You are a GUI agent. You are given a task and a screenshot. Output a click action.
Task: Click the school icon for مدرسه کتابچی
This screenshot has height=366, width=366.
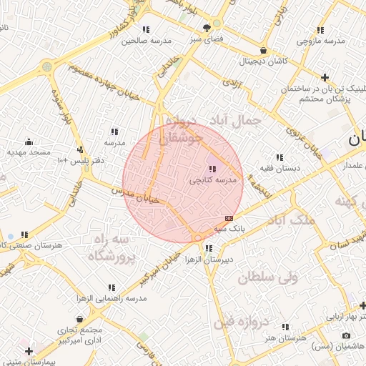[x=212, y=169]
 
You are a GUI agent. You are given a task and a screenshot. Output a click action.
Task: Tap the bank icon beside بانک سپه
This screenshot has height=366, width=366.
[x=229, y=218]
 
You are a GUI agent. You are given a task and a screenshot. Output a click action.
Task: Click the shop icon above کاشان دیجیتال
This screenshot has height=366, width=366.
[x=264, y=51]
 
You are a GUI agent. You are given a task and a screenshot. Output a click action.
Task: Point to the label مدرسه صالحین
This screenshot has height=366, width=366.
[x=147, y=41]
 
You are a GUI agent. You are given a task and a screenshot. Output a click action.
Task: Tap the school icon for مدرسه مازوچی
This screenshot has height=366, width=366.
[x=320, y=30]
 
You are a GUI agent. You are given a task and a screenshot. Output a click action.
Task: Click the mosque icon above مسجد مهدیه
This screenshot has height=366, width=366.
[x=29, y=142]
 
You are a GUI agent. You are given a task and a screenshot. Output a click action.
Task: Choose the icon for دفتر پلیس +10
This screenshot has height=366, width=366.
[x=80, y=149]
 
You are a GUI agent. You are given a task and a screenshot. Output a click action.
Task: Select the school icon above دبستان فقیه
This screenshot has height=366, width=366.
[x=279, y=157]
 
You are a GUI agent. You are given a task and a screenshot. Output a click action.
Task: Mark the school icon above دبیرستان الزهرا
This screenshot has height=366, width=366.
[x=208, y=248]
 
